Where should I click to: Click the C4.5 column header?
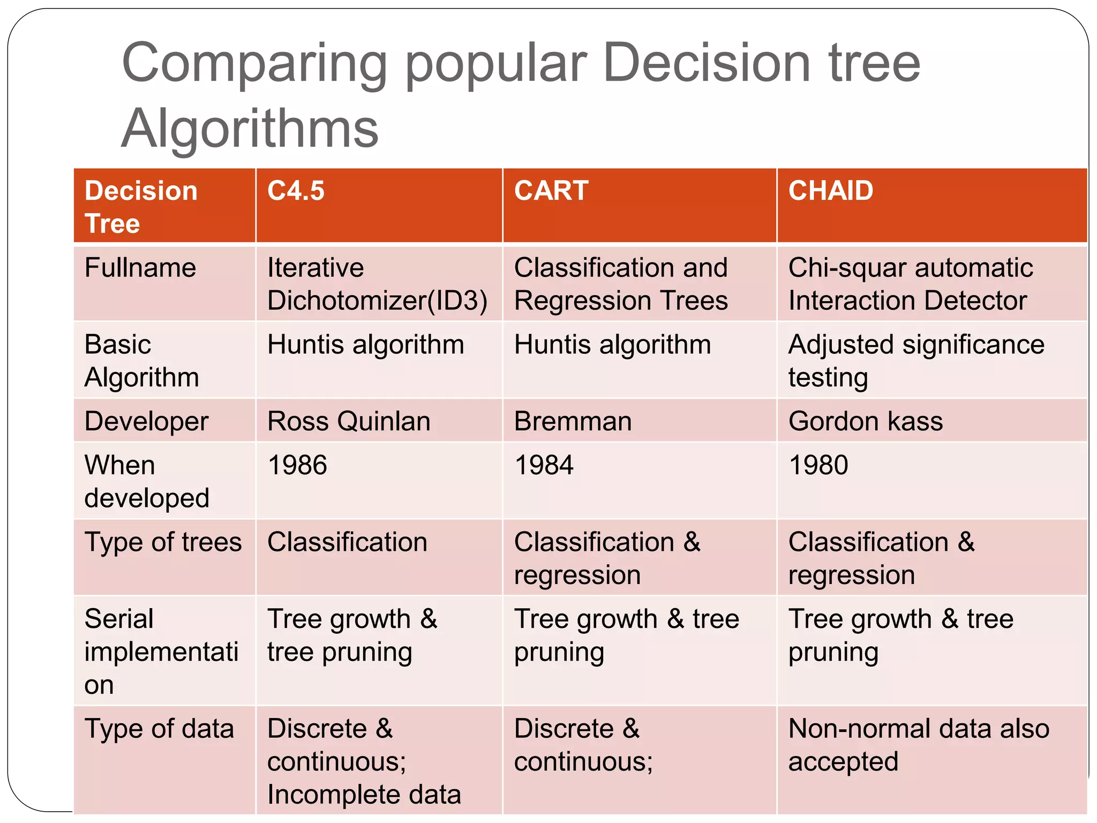tap(296, 191)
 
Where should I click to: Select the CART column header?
tap(551, 191)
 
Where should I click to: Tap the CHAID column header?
tap(830, 191)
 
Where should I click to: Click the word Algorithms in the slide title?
tap(250, 129)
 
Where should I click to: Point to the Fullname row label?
tap(140, 268)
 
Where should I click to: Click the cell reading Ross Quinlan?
tap(349, 421)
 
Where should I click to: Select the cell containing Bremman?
tap(573, 421)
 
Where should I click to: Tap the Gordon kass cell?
tap(865, 421)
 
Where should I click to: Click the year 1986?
tap(297, 465)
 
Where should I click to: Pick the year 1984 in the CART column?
tap(544, 465)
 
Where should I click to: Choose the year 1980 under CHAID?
tap(818, 465)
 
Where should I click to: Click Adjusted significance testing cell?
tap(915, 361)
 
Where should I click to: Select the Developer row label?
tap(146, 421)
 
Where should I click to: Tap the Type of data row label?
tap(159, 729)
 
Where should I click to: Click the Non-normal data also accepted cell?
tap(918, 745)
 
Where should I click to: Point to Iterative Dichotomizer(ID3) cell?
tap(377, 284)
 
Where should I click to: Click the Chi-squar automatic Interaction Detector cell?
tap(910, 284)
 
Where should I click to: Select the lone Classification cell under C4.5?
tap(347, 542)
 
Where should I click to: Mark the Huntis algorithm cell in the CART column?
tap(612, 345)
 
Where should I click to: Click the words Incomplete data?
tap(364, 795)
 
